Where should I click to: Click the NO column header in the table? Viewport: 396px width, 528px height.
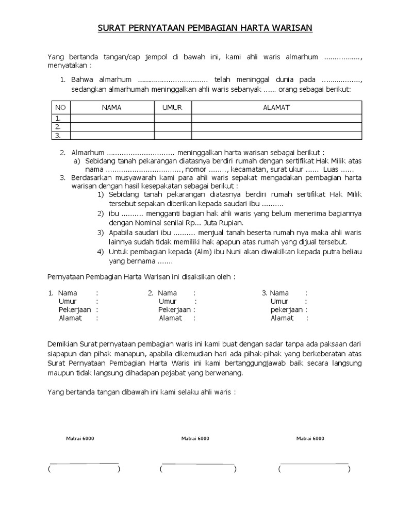pos(61,107)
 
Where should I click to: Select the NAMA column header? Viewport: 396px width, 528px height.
pos(112,107)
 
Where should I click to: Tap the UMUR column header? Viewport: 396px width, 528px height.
pos(173,107)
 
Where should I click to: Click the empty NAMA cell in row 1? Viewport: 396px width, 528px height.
pos(112,118)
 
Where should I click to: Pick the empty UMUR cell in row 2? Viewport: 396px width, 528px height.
pos(173,127)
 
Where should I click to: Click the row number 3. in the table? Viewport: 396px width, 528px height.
pos(59,136)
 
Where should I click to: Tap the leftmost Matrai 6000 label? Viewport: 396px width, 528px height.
pos(80,438)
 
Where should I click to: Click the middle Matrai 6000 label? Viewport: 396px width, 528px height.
pos(195,438)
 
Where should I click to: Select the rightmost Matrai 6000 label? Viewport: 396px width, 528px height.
pos(310,438)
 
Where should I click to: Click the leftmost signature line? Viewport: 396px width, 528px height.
pos(84,463)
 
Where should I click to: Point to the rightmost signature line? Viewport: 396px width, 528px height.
pos(313,463)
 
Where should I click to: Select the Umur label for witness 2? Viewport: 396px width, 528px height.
pos(168,301)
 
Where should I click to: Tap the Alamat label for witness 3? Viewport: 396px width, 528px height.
pos(282,318)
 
